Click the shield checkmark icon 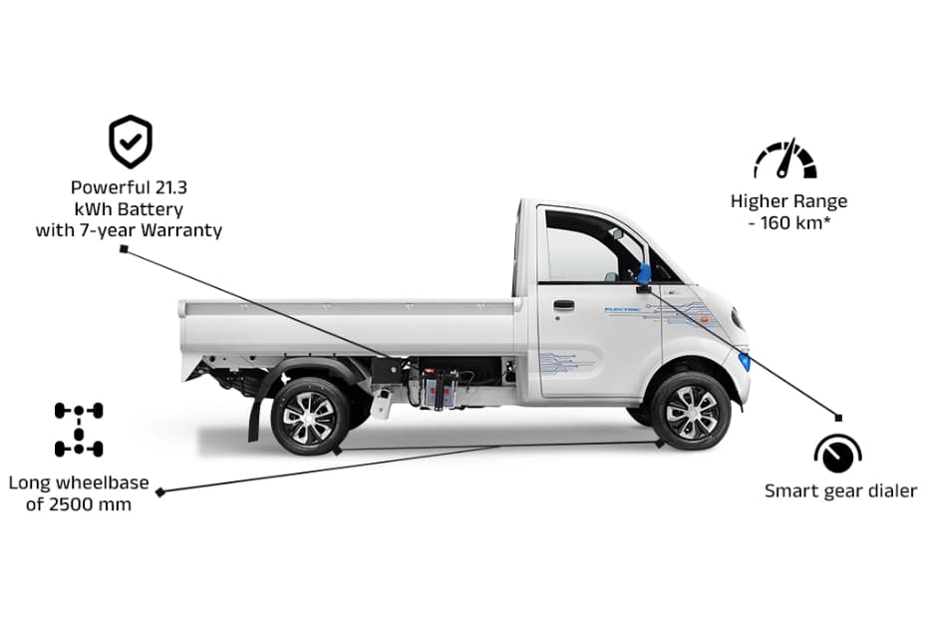131,142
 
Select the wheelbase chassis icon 79,429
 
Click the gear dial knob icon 837,455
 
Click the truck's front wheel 691,411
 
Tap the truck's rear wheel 310,415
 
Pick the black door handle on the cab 563,305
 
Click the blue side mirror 644,272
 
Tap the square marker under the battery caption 124,249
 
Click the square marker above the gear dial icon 838,417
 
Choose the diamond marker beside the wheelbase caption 159,491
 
